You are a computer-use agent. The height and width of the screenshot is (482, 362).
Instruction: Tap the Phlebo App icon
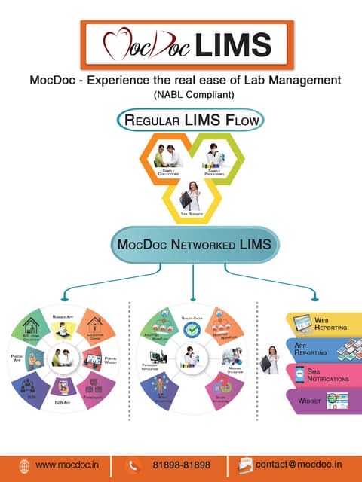tap(32, 359)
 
